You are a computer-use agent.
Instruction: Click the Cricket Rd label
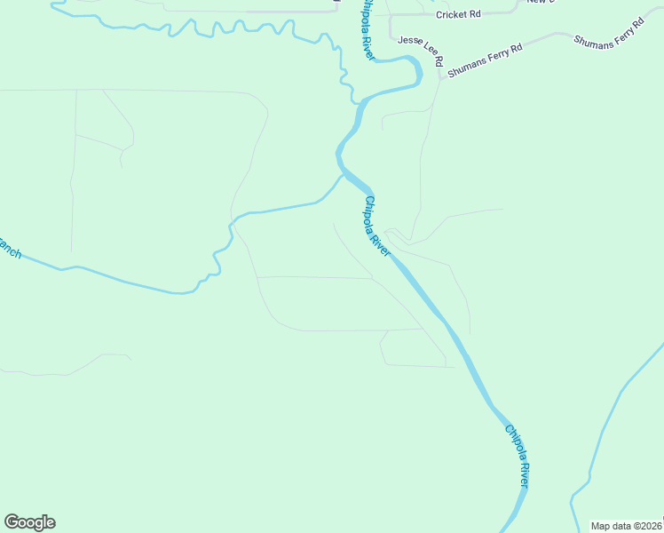[x=458, y=14]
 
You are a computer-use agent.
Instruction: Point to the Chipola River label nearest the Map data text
[x=517, y=455]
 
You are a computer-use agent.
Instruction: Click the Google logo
[x=29, y=522]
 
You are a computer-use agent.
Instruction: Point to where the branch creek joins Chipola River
[x=343, y=174]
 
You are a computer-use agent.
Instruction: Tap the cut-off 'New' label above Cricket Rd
[x=538, y=2]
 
